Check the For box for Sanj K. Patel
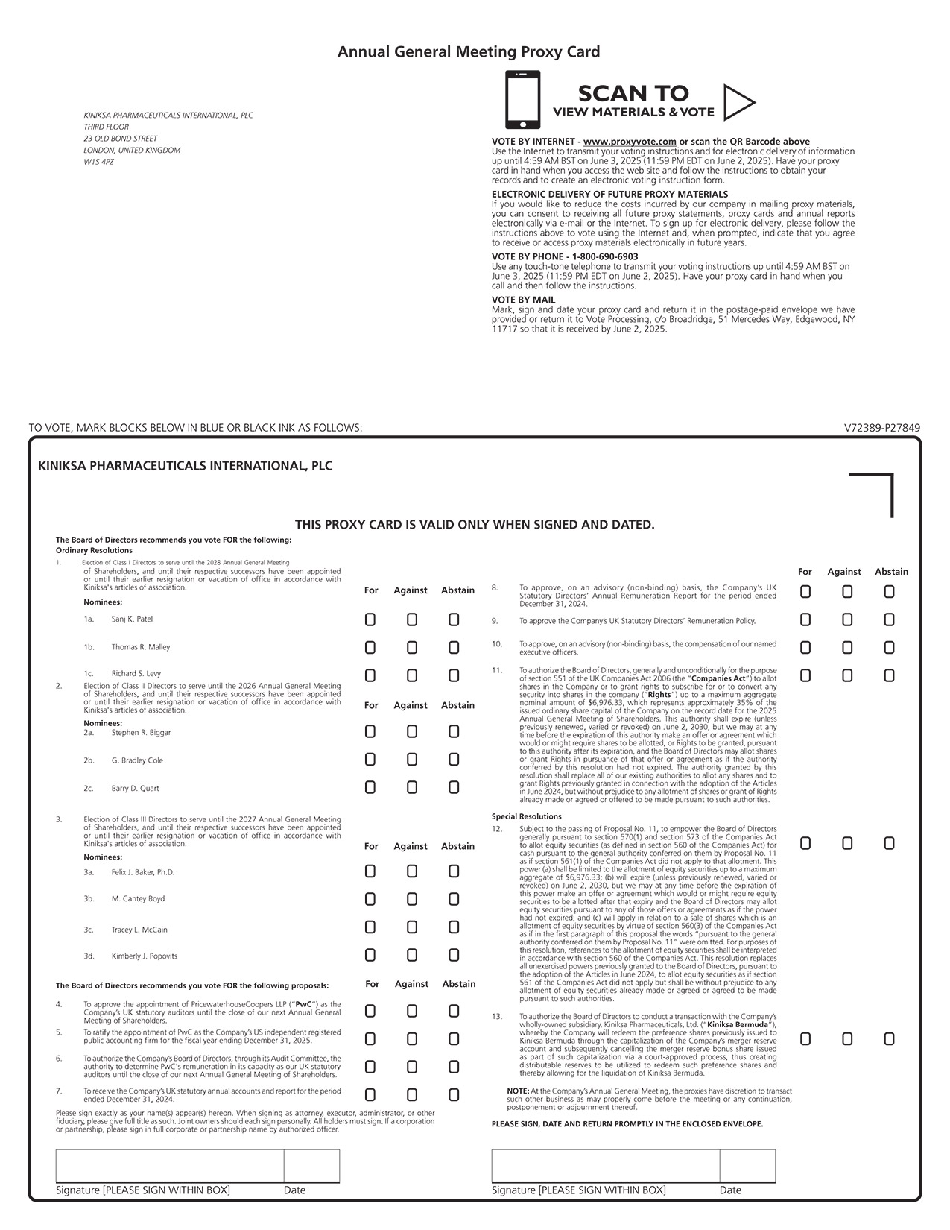coord(370,619)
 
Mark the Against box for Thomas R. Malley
coord(412,648)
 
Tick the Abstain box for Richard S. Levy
coord(454,675)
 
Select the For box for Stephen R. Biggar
coord(370,731)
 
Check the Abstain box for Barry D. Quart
coord(454,787)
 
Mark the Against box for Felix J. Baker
coord(412,871)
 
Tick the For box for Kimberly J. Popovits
coord(370,955)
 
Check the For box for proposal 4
coord(370,1011)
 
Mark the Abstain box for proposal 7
coord(454,1095)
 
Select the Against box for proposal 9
coord(847,619)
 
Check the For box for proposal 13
coord(805,1038)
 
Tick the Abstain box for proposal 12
coord(889,843)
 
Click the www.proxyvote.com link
coord(630,142)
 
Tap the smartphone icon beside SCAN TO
coord(522,100)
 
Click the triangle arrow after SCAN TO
coord(738,102)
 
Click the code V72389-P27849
coord(882,428)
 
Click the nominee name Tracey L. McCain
coord(139,930)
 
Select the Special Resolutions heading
coord(527,816)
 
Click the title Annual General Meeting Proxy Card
coord(469,51)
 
